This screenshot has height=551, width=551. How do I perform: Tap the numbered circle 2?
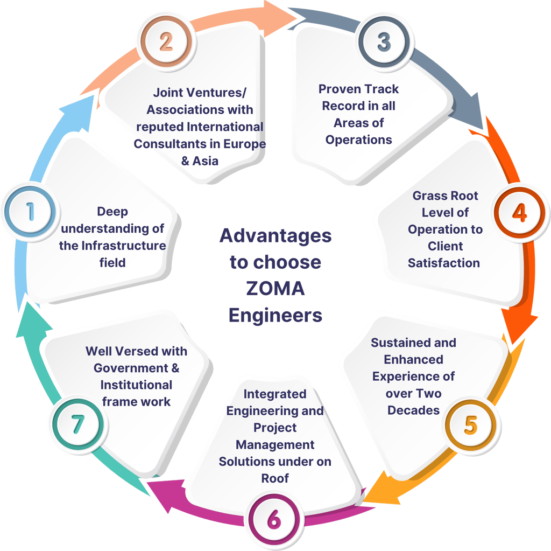pos(165,42)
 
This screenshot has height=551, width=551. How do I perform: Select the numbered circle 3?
pos(384,42)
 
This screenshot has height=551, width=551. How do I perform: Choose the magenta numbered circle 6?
pos(273,520)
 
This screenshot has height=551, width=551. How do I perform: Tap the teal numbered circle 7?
pos(79,423)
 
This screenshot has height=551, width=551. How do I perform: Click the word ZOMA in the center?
pos(275,289)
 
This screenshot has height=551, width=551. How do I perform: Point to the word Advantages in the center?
pos(275,236)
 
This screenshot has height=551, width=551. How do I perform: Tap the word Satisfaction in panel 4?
pos(443,263)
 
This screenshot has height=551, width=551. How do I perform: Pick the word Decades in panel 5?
pos(413,410)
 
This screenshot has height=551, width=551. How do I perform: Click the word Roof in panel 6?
pos(275,478)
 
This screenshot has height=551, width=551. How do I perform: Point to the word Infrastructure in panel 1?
pos(123,246)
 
